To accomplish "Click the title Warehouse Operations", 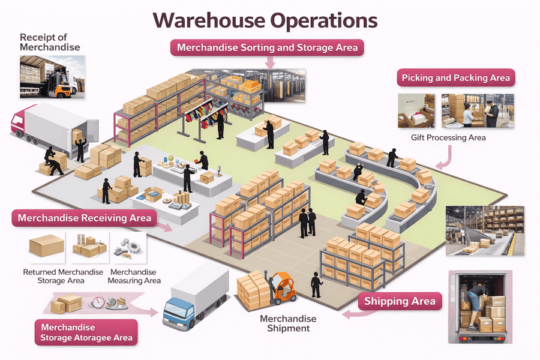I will [265, 20].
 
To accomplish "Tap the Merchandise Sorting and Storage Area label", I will [267, 47].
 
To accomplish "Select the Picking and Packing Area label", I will [455, 78].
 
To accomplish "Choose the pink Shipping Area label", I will [400, 301].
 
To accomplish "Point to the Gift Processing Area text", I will [448, 138].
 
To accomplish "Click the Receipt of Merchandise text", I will [49, 42].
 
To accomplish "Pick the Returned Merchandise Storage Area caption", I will [63, 276].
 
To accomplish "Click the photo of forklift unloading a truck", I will [52, 77].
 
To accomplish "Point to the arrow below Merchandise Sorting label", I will [269, 62].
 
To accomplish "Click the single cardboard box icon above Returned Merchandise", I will [46, 246].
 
